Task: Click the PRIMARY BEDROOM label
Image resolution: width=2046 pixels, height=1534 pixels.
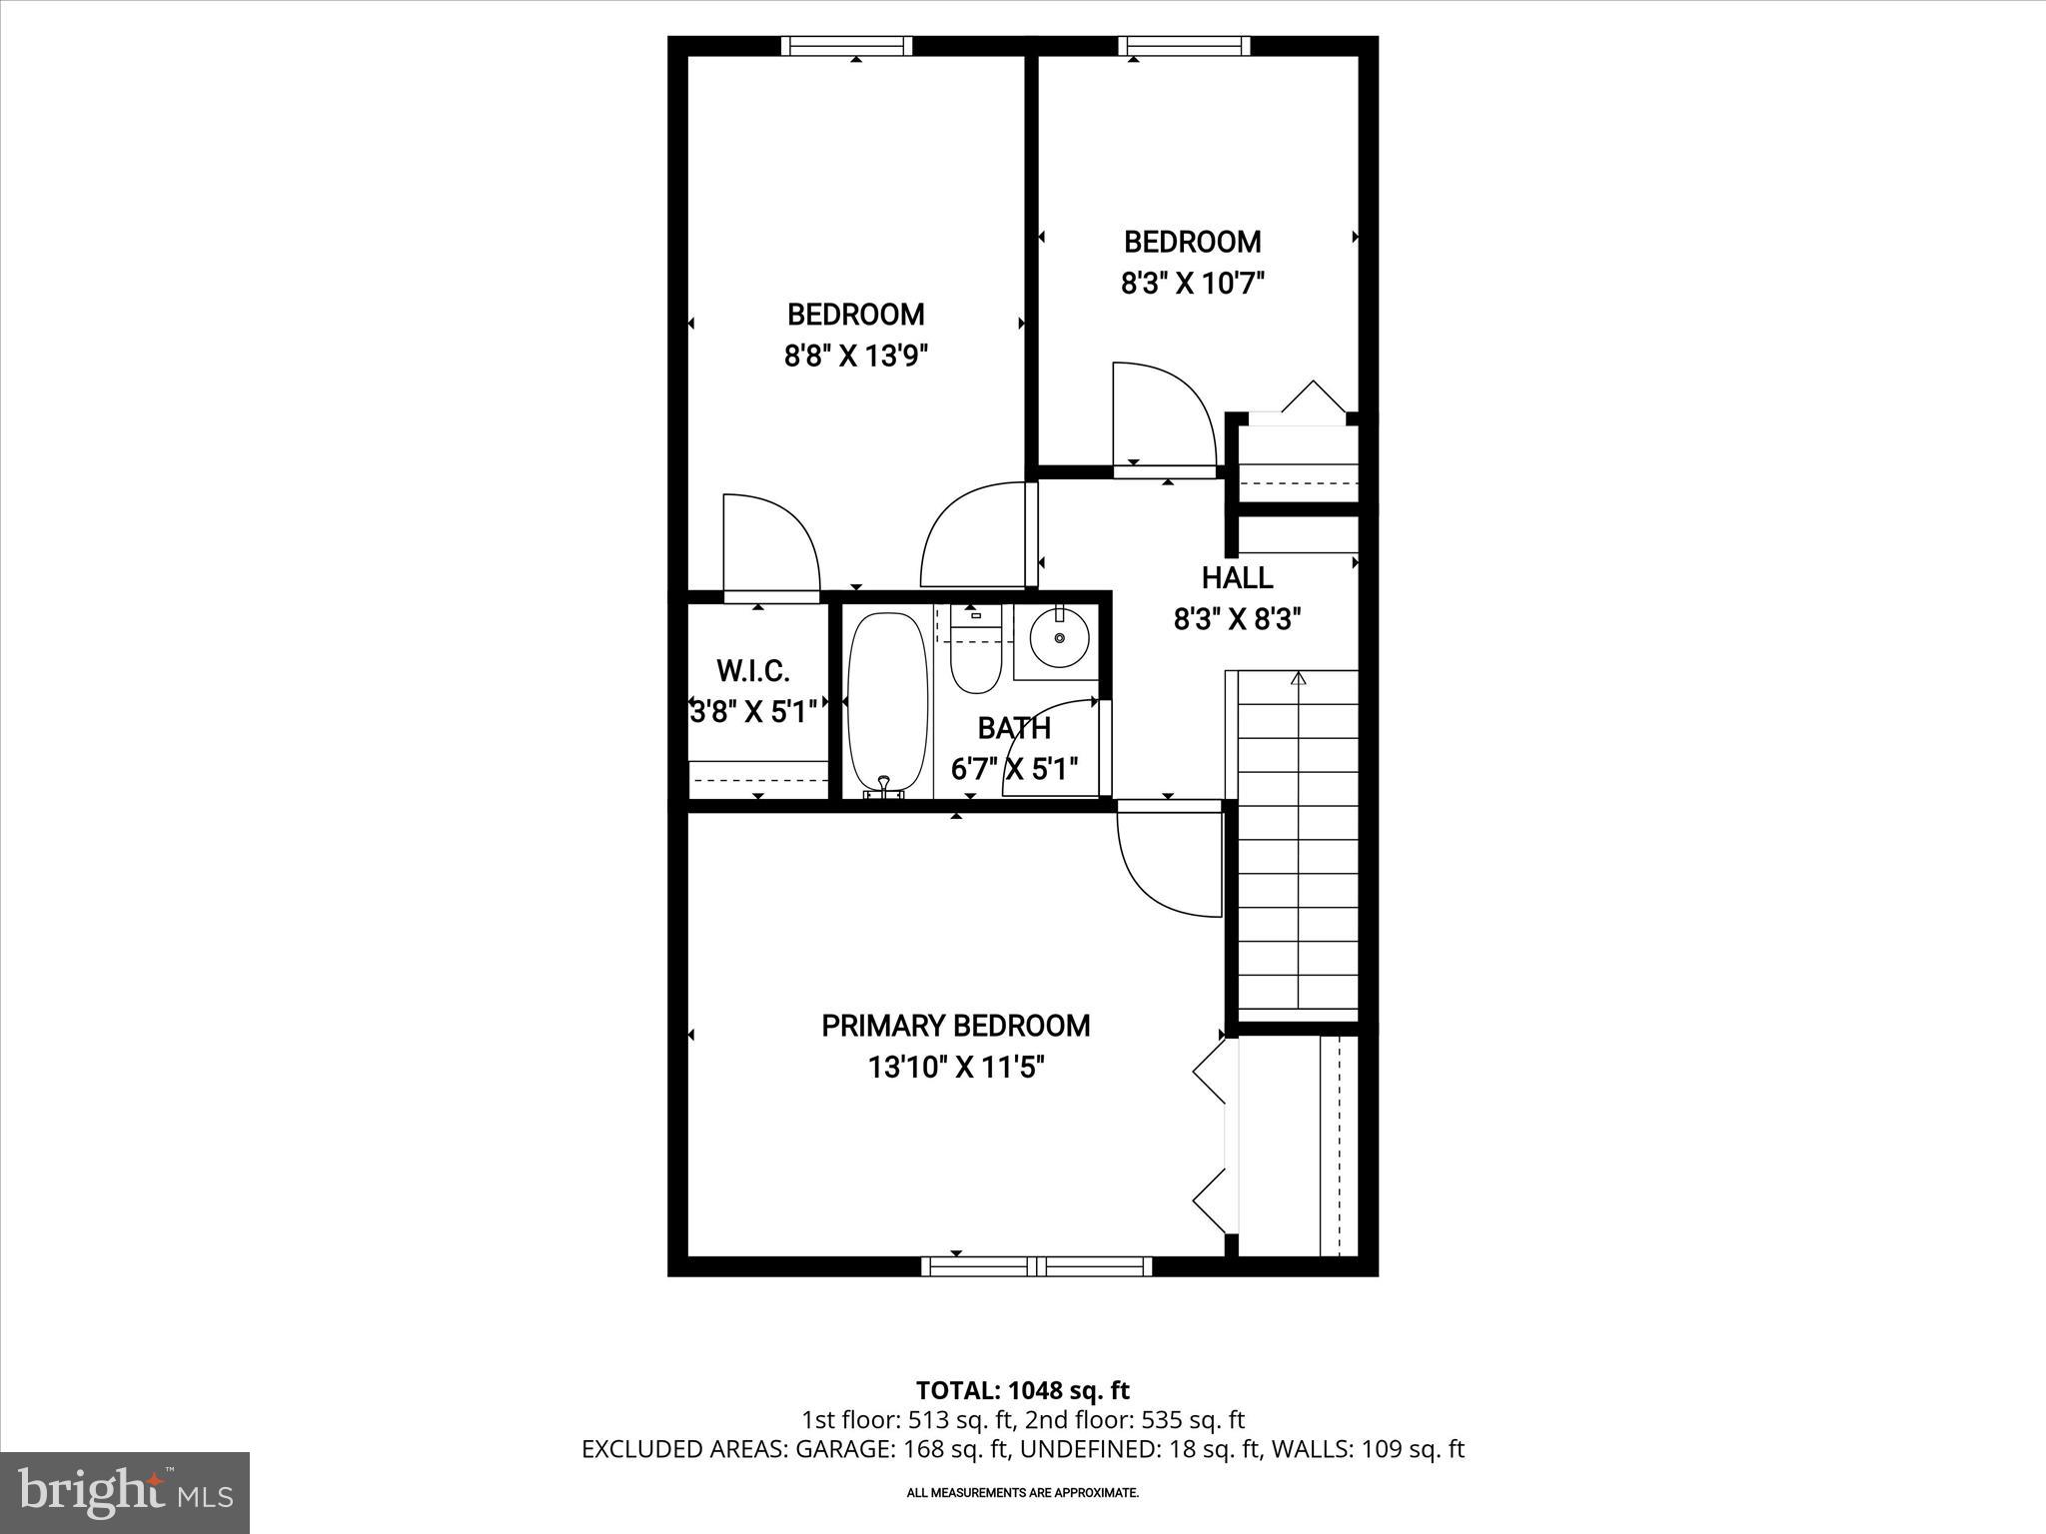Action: tap(955, 1026)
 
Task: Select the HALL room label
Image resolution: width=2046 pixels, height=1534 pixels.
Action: tap(1237, 577)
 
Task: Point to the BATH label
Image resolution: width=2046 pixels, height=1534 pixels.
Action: tap(1014, 728)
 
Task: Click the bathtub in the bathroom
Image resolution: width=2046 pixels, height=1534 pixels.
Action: tap(886, 704)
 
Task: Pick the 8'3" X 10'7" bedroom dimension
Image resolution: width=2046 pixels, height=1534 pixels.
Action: tap(1192, 284)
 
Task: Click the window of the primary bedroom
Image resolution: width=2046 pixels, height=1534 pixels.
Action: tap(1036, 1266)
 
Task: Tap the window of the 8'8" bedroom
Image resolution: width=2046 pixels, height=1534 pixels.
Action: tap(846, 46)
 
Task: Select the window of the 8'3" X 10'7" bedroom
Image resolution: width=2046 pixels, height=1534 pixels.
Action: tap(1184, 46)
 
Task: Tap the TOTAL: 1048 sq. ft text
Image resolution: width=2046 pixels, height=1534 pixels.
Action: tap(1022, 1390)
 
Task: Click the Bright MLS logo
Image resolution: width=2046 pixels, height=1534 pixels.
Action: tap(125, 1492)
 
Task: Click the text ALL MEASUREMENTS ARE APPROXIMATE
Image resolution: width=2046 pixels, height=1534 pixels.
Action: tap(1022, 1493)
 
